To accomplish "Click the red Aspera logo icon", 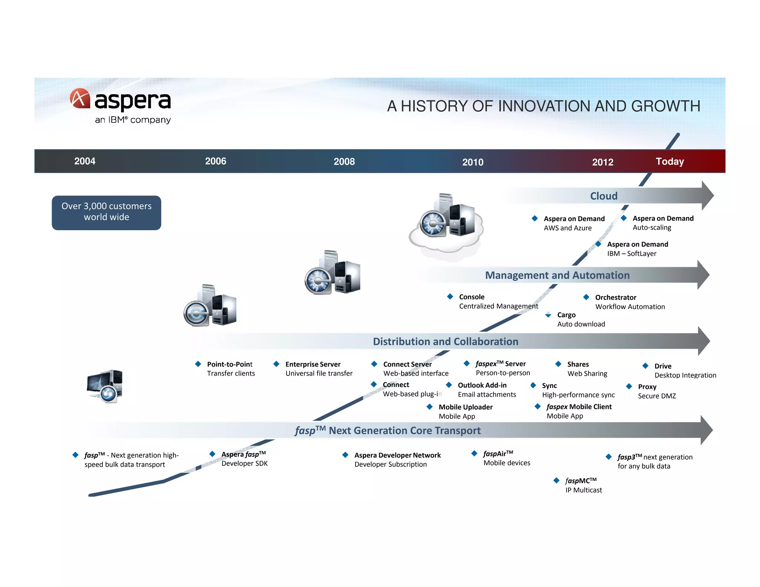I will (x=80, y=98).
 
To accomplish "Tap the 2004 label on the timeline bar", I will (x=85, y=161).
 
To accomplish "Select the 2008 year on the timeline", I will (x=344, y=161).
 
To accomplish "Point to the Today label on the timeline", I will (x=669, y=161).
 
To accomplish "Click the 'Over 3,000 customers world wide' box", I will (x=107, y=213).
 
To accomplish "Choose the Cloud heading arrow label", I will (x=604, y=196).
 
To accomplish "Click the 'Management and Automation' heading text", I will (x=557, y=275).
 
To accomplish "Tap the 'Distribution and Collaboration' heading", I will (x=445, y=341).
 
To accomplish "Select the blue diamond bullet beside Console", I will (x=450, y=296).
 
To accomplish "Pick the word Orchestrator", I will (x=616, y=297).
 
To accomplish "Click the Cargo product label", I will (x=566, y=315).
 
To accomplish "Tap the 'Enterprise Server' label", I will (x=313, y=364).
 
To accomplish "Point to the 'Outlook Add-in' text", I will (x=482, y=385).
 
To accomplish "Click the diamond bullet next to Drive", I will (x=645, y=366).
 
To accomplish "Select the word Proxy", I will (x=647, y=387).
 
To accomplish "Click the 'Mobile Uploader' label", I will (x=465, y=407).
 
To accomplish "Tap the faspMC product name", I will (x=581, y=481).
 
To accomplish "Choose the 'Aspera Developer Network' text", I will (x=397, y=455).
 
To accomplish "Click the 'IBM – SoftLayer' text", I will (x=632, y=254).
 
